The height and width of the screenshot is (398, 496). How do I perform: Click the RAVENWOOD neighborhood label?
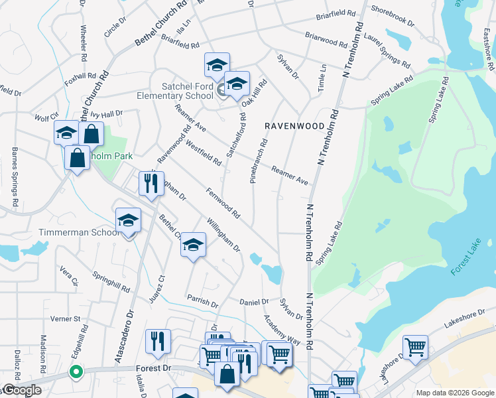[x=294, y=125]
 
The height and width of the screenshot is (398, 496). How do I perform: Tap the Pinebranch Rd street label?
[x=258, y=161]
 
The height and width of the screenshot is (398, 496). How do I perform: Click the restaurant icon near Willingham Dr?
[x=151, y=184]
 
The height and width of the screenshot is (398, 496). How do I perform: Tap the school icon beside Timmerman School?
[x=128, y=221]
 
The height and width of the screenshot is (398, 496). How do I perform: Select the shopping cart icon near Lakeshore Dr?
[x=414, y=346]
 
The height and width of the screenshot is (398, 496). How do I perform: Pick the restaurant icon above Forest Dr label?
[x=157, y=342]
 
